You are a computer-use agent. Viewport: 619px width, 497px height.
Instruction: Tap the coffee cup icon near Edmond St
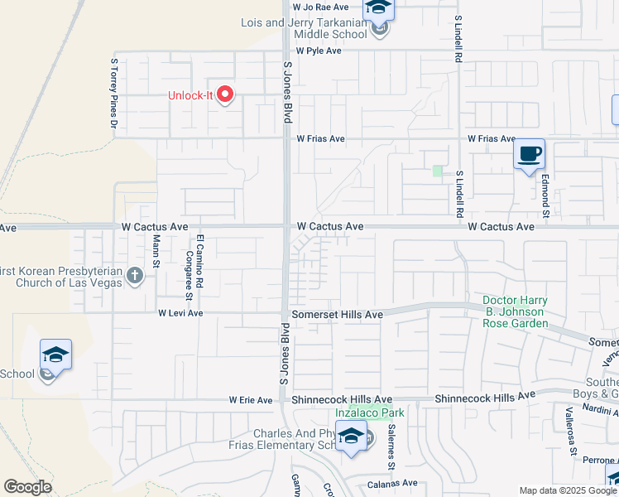click(x=529, y=154)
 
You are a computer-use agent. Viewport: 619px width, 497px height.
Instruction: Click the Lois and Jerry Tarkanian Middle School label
click(x=304, y=29)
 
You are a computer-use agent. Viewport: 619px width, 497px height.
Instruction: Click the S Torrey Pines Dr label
click(x=114, y=92)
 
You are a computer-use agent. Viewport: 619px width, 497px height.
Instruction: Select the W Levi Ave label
click(x=180, y=313)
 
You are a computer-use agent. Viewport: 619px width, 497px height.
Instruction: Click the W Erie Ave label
click(x=251, y=400)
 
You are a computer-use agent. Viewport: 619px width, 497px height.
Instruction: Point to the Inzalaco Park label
click(x=369, y=413)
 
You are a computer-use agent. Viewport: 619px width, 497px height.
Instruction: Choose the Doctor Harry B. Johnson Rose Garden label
click(x=514, y=311)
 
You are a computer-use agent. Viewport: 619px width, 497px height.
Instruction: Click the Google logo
click(x=27, y=487)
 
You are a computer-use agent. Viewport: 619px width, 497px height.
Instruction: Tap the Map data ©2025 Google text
click(x=568, y=490)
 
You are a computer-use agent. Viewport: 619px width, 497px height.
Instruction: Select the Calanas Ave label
click(x=392, y=483)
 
